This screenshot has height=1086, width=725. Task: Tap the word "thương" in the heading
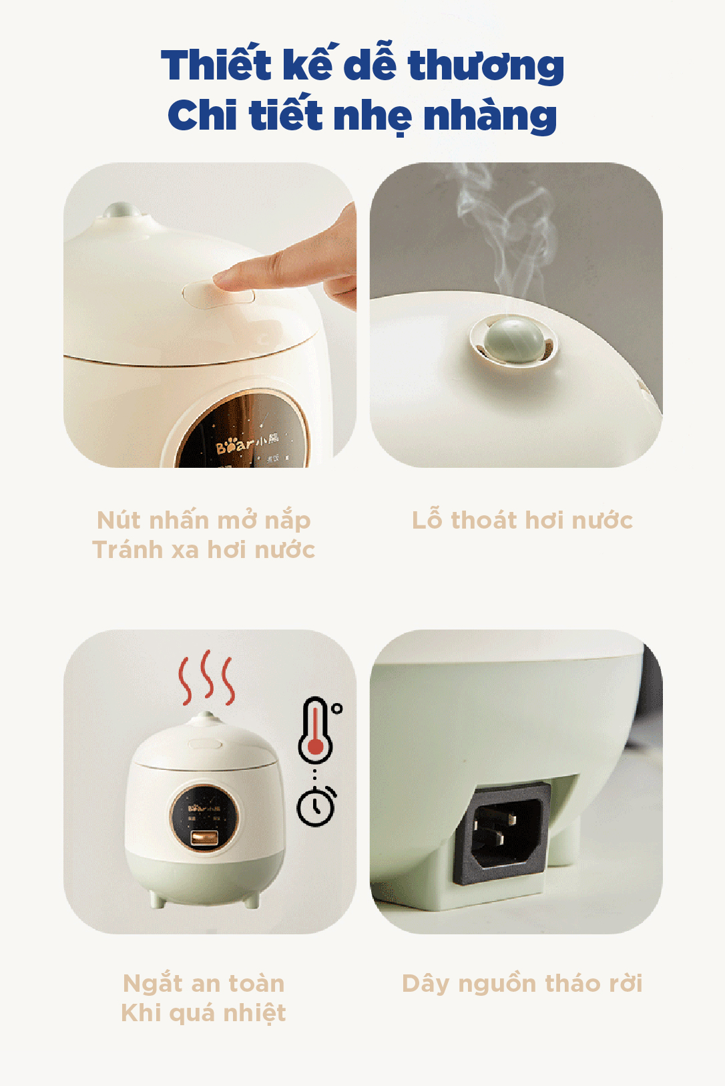point(486,66)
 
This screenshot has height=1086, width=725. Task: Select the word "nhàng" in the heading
point(490,116)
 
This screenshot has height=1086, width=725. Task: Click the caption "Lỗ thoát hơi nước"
point(522,520)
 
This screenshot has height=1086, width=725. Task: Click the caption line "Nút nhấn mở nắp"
point(204,520)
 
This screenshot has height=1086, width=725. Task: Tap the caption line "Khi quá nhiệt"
point(204,1013)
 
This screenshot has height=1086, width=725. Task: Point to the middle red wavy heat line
point(208,674)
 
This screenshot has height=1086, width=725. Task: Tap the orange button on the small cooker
point(204,838)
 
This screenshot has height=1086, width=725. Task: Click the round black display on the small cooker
point(204,817)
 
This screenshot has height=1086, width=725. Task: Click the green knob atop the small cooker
point(206,715)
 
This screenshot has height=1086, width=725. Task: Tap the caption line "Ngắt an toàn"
point(204,984)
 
